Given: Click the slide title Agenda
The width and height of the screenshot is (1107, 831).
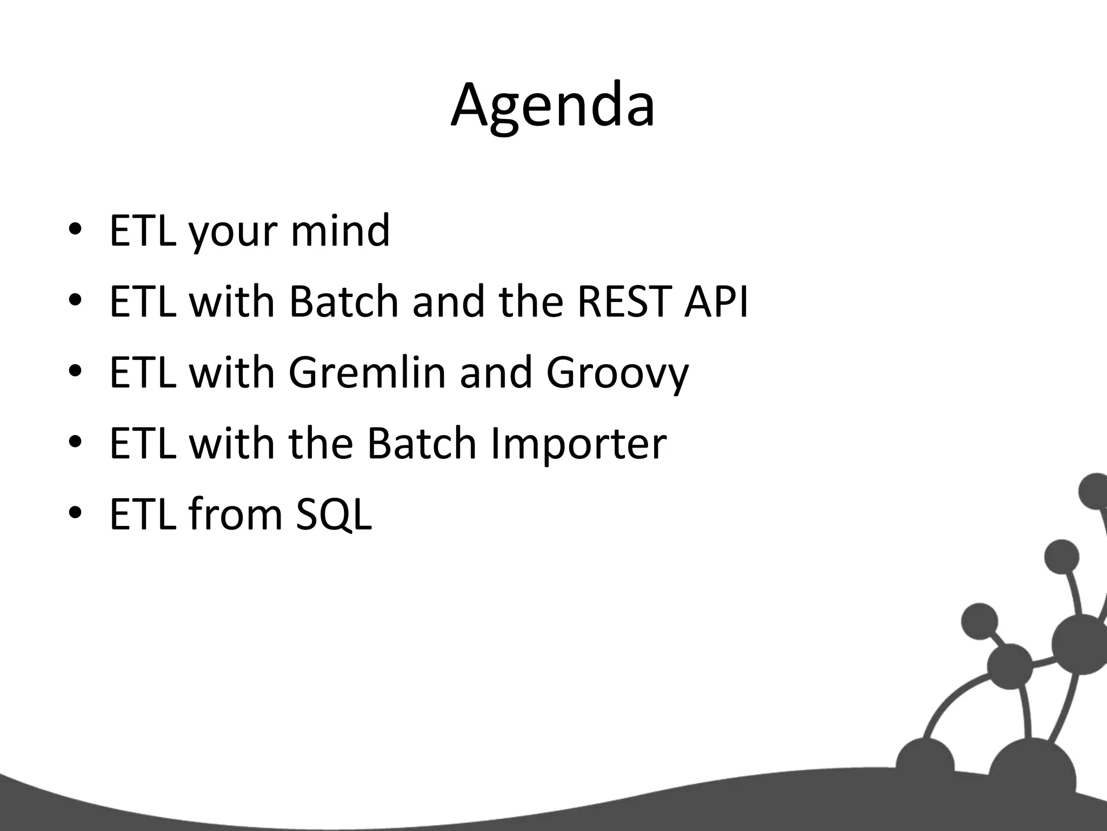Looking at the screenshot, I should point(552,105).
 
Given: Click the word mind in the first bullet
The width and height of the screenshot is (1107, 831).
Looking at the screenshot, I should point(340,230).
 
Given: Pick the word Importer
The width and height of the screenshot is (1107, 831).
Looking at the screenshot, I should point(578,444).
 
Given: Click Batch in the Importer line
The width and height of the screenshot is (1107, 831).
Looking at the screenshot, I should point(422,443).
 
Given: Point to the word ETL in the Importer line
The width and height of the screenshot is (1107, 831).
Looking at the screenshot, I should point(143,443).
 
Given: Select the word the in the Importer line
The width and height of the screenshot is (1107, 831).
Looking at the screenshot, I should point(321,443).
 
